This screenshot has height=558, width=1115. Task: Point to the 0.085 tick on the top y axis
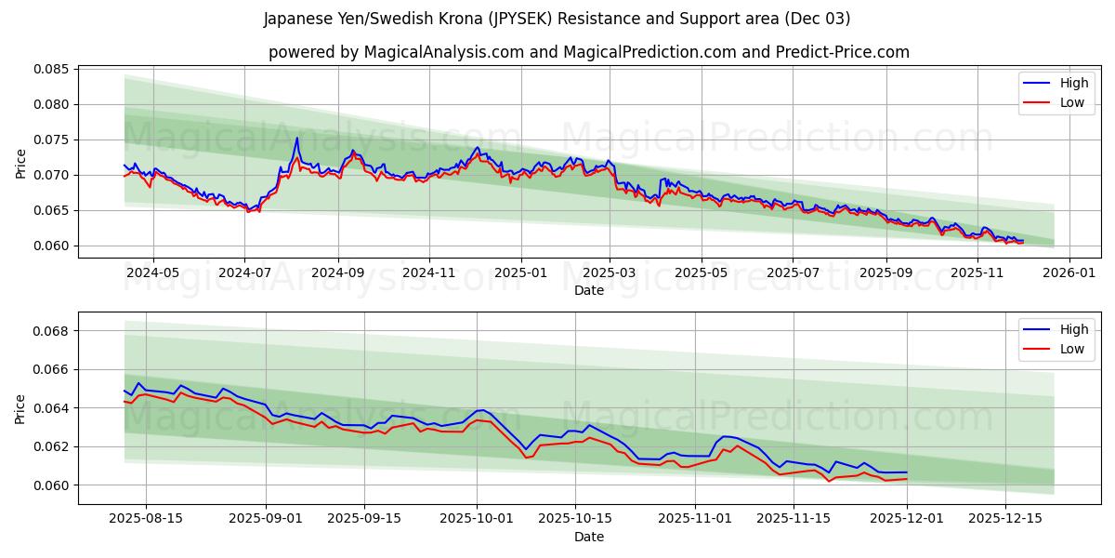[52, 69]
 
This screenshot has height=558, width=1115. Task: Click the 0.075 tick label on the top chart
[52, 139]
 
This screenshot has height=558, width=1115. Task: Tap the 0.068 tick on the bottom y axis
[52, 331]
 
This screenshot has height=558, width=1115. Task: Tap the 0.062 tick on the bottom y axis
[52, 446]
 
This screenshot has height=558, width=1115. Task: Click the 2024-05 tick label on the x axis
[153, 272]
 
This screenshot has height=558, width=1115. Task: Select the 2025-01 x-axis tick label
[520, 272]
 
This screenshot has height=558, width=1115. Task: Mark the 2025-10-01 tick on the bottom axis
[478, 519]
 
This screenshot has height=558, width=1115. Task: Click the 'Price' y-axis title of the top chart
[21, 162]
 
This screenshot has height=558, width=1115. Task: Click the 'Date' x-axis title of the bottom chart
[588, 537]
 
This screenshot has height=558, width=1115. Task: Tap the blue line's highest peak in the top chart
[297, 139]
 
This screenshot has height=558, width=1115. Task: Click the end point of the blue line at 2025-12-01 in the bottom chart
[906, 472]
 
